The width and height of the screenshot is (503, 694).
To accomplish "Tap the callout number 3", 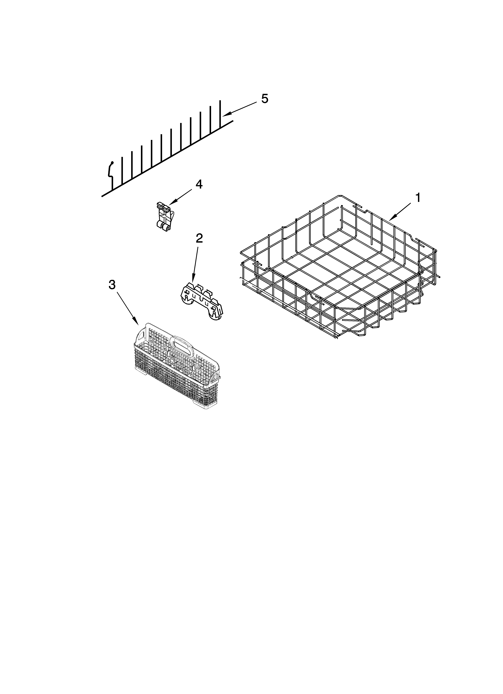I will (x=112, y=285).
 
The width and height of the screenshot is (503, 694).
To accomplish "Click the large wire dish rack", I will (x=337, y=269).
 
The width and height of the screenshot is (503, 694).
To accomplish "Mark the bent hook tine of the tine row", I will (x=110, y=173).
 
